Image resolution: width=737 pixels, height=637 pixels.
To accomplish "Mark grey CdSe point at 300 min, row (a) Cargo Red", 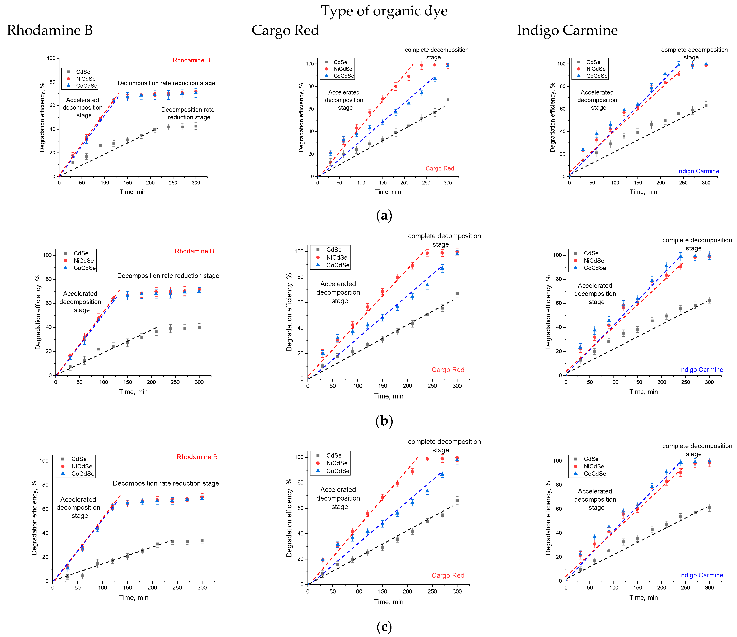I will coord(448,100).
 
